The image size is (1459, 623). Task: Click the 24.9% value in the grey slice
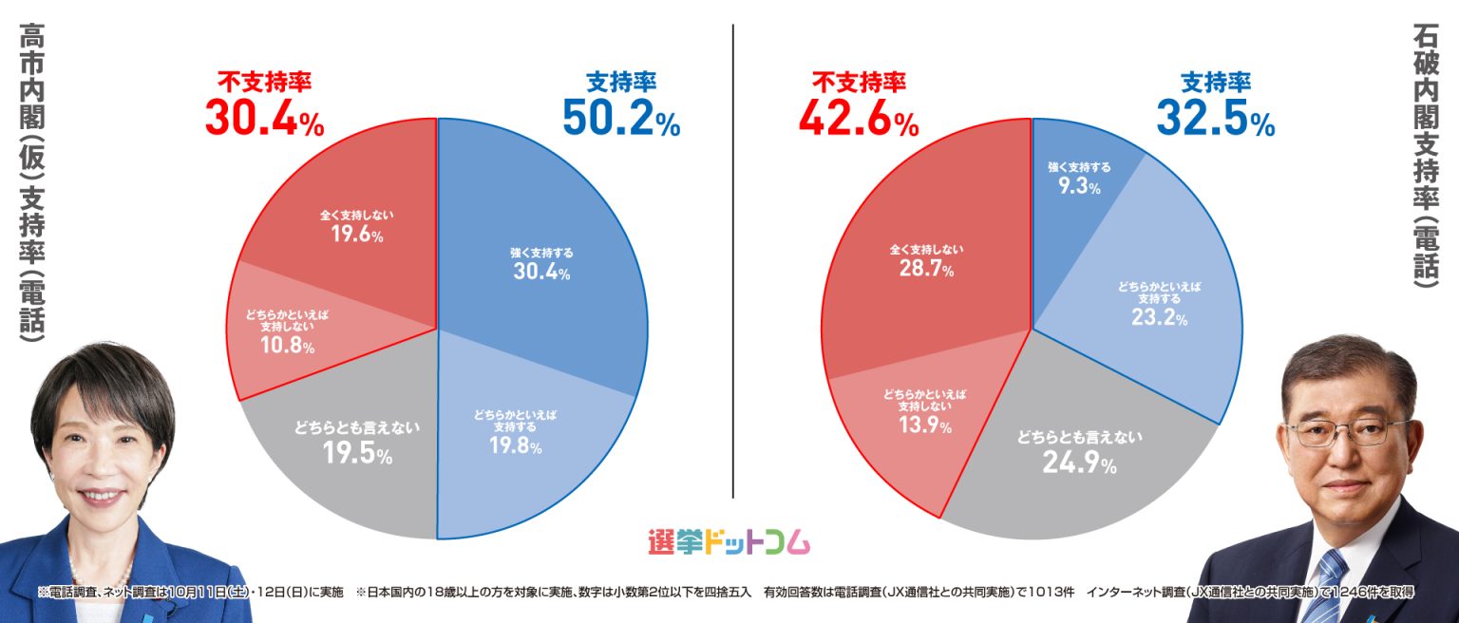(x=1079, y=463)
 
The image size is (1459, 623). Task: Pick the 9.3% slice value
(x=1079, y=187)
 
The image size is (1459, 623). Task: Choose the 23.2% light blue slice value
(x=1158, y=318)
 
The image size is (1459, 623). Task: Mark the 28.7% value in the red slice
(x=926, y=270)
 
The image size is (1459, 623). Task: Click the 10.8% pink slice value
(x=287, y=346)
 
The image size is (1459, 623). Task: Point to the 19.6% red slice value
(x=356, y=235)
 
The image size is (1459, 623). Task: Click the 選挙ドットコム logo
(x=728, y=542)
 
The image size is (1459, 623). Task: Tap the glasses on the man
(x=1349, y=431)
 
